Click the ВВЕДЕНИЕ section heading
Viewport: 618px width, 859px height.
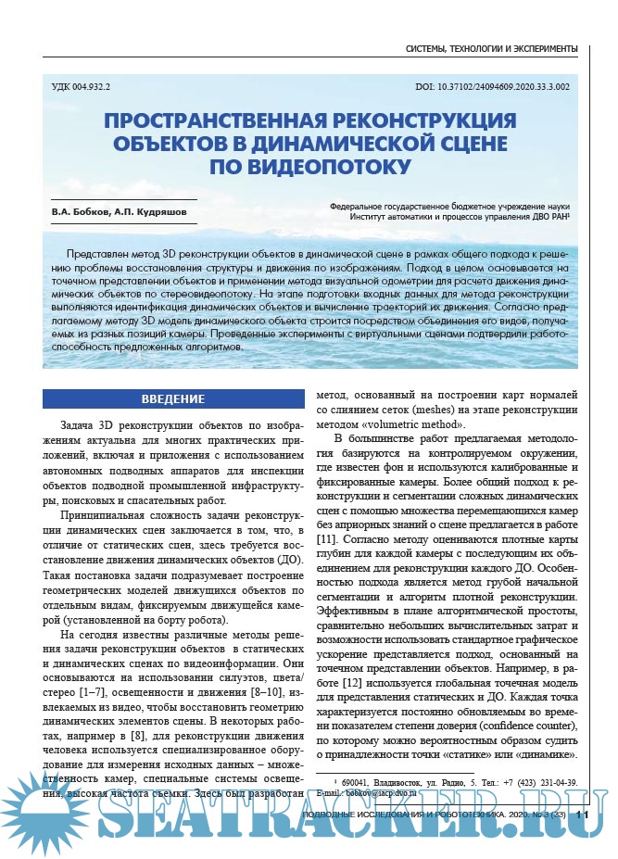(173, 399)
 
